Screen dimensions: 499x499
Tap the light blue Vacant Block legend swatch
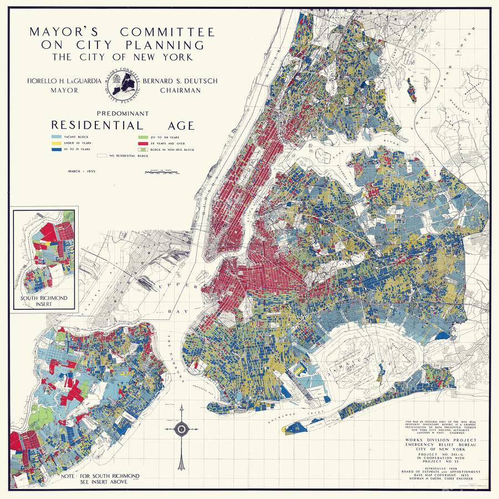tap(56, 136)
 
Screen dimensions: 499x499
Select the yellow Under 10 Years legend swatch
tap(56, 143)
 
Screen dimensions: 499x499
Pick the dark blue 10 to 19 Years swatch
tap(56, 150)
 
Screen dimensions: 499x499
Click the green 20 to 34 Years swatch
tap(143, 136)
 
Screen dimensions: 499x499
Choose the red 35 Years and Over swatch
tap(143, 143)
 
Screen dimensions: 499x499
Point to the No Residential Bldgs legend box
tap(101, 157)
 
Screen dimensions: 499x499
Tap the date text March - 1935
tap(82, 172)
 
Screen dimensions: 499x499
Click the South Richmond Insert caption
tap(44, 302)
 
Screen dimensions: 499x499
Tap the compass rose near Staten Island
tap(181, 429)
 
